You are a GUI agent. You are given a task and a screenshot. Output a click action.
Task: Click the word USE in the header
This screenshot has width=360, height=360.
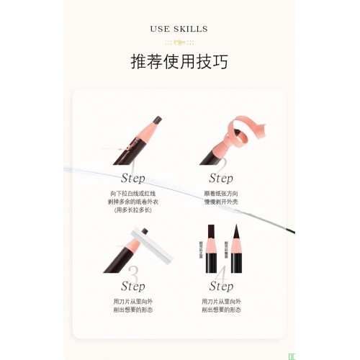(159, 29)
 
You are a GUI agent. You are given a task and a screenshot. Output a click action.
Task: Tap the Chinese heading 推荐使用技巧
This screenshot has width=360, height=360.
(179, 62)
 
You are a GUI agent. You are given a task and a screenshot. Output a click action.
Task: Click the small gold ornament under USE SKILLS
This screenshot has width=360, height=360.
(179, 42)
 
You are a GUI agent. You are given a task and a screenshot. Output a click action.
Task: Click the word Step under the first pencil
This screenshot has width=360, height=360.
(132, 178)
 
